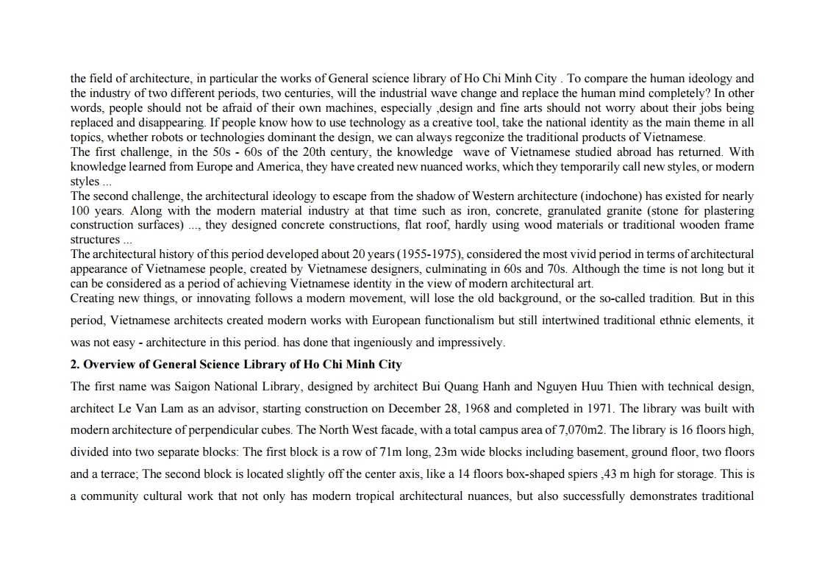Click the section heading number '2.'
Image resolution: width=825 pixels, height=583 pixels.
[x=75, y=365]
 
